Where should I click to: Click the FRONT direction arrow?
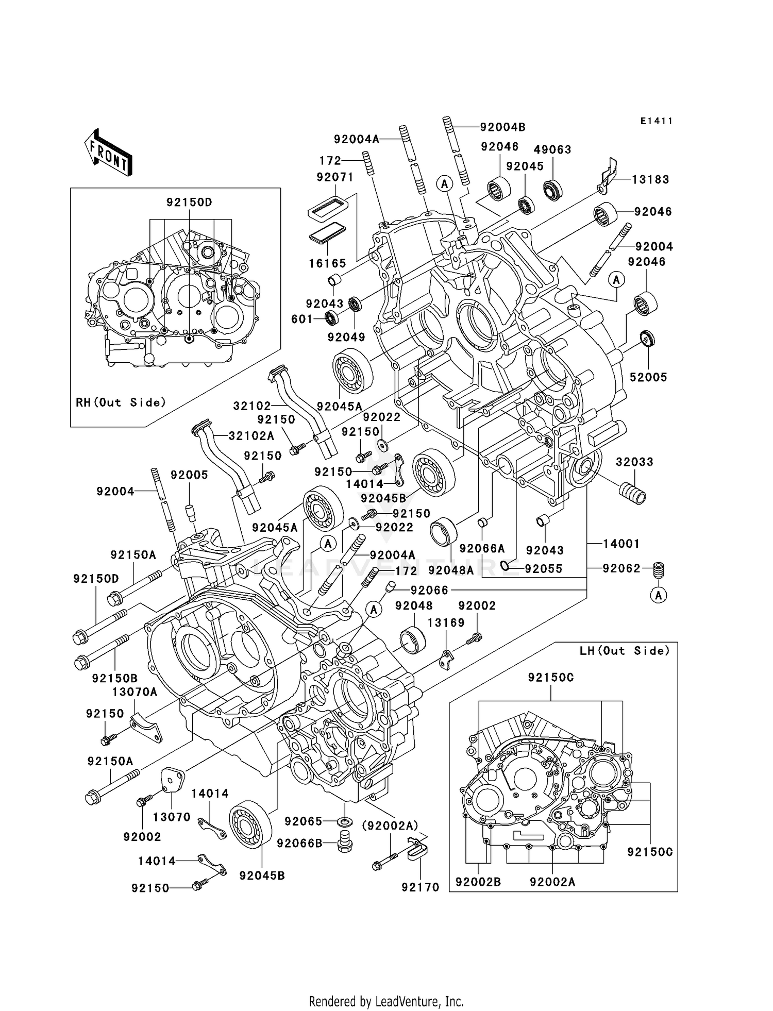coord(108,153)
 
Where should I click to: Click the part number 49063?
coord(552,149)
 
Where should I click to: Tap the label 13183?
coord(650,179)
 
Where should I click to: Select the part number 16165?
coord(327,263)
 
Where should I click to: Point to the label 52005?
coord(648,377)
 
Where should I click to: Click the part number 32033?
coord(634,462)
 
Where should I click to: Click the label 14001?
coord(621,544)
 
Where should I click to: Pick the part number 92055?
coord(543,569)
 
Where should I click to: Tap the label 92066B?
coord(299,843)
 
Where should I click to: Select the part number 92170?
coord(421,887)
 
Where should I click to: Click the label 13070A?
coord(135,692)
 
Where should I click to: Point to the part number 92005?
coord(189,475)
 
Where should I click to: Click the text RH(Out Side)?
coord(121,402)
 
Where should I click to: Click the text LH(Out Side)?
coord(625,651)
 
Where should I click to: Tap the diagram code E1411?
coord(657,121)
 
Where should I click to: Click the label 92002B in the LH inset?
coord(478,882)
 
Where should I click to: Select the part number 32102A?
coord(251,436)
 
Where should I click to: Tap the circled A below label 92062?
coord(659,595)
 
